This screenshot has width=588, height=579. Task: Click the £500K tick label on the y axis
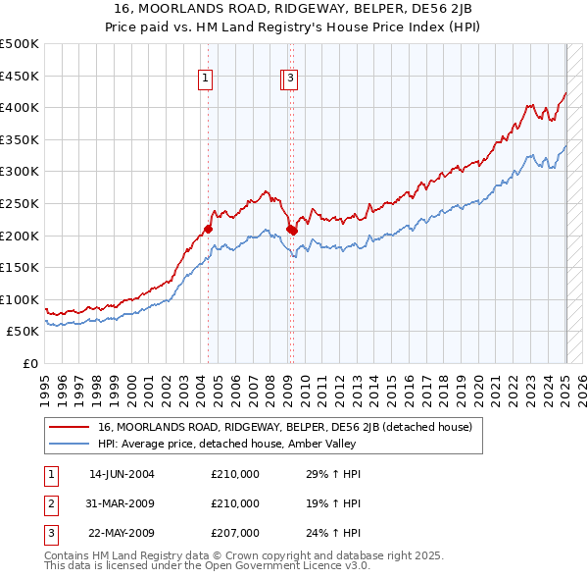pos(20,44)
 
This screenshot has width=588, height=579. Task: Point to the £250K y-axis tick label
pos(20,203)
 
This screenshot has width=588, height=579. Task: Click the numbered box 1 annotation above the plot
pos(207,80)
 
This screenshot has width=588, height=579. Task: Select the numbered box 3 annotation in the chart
pos(292,80)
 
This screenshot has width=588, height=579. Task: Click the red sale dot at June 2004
pos(208,229)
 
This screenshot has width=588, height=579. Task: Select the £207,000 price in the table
pos(235,532)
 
